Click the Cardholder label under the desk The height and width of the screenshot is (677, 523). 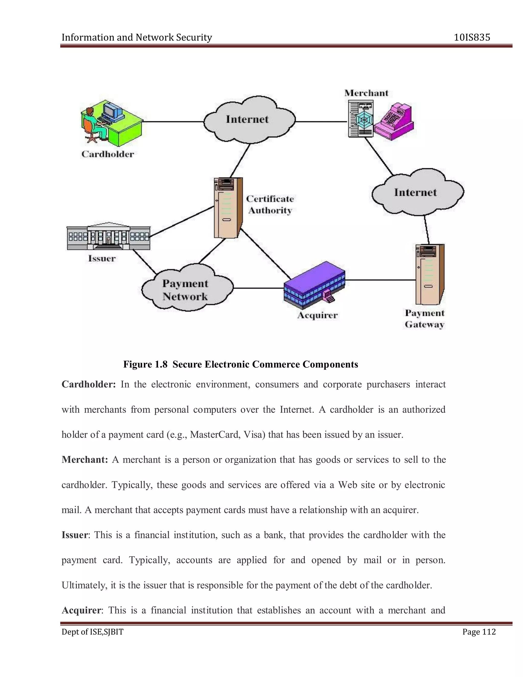108,154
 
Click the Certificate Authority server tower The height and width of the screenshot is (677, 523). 228,208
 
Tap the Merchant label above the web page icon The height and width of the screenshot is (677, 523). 366,93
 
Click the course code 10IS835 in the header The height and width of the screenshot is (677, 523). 472,38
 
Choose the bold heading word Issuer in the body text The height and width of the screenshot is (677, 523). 75,535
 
